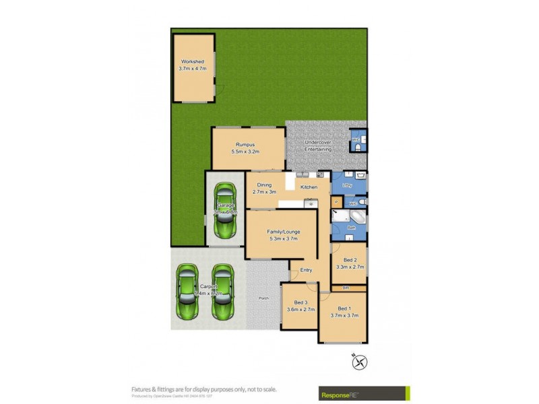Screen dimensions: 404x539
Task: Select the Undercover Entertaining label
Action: pos(318,145)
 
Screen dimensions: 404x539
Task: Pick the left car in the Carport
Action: pos(187,293)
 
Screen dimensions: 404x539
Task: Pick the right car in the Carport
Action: pos(222,293)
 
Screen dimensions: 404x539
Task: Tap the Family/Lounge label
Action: pos(284,235)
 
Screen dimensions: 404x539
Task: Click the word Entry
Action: pos(307,270)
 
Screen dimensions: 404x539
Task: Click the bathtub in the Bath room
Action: pos(355,217)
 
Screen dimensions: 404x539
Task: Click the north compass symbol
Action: pos(360,362)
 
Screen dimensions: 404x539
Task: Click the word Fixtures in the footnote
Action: pos(142,389)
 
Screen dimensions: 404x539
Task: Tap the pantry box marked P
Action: pos(336,202)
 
